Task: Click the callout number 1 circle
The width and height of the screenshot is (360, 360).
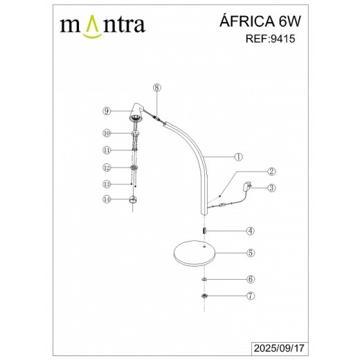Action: [237, 156]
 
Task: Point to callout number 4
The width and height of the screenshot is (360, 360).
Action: [251, 231]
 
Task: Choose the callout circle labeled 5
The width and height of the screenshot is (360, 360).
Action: [251, 253]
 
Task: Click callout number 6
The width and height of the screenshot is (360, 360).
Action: [251, 280]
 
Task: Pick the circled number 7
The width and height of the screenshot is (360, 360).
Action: [251, 296]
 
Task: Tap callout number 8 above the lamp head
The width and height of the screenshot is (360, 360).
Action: [156, 88]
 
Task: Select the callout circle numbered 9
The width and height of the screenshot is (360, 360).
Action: [107, 111]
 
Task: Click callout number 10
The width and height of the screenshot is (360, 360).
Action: [107, 132]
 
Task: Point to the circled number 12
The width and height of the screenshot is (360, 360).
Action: [107, 168]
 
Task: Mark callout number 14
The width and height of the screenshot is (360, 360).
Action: [107, 199]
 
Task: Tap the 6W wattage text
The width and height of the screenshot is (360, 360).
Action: [293, 22]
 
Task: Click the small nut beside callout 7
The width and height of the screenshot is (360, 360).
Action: [205, 296]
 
